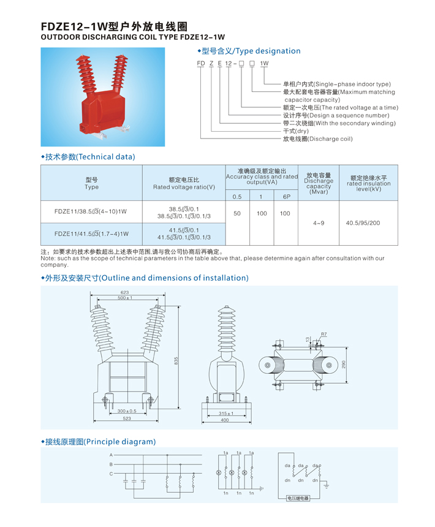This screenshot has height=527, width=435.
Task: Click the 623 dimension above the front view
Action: pos(124,292)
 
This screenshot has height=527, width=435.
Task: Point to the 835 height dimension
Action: pos(176,361)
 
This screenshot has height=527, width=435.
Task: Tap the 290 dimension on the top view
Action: pos(344,365)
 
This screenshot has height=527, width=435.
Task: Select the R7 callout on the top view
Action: pos(324,334)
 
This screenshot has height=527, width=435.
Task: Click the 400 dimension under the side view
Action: pos(225,420)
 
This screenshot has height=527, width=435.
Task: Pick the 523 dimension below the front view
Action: pos(127,419)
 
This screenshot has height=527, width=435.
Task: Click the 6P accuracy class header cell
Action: pos(286,197)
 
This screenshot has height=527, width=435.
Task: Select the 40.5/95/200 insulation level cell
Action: pos(363,223)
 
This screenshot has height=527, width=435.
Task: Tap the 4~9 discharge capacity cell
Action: pos(319,223)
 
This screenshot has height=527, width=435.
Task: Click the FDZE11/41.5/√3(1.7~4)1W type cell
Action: pos(91,234)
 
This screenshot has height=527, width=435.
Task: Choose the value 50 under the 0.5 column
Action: pos(237,213)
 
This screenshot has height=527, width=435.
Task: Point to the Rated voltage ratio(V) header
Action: pos(184,187)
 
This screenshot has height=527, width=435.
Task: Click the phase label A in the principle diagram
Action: pos(111,455)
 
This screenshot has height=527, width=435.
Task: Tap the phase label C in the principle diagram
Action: pos(111,474)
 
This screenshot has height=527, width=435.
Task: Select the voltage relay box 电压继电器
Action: pos(298,498)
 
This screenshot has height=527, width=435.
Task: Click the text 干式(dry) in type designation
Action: pos(295,131)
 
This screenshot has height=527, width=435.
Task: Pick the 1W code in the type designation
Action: pos(264,63)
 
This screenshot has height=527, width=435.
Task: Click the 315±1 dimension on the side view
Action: pos(226,414)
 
